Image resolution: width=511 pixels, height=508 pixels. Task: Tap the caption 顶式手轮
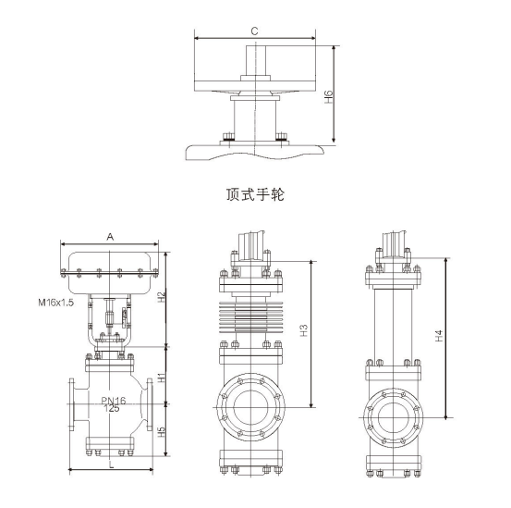[254, 194]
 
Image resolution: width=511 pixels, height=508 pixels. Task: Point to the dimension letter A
[110, 237]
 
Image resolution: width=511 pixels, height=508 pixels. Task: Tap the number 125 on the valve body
[112, 408]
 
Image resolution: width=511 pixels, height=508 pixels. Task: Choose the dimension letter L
[111, 465]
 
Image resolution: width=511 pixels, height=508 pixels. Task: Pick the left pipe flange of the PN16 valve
[73, 404]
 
